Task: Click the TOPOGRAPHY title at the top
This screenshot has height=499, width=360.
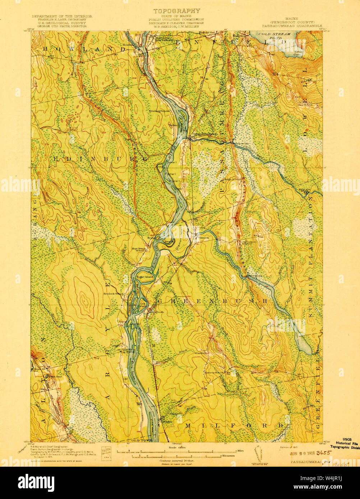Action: [x=177, y=11]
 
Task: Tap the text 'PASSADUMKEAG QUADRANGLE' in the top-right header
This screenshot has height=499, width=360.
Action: [x=292, y=26]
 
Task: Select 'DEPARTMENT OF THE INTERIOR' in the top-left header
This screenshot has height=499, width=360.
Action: [x=62, y=17]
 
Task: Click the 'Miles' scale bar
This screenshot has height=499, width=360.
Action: [x=176, y=451]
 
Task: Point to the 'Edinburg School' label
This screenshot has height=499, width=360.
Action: [x=160, y=111]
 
